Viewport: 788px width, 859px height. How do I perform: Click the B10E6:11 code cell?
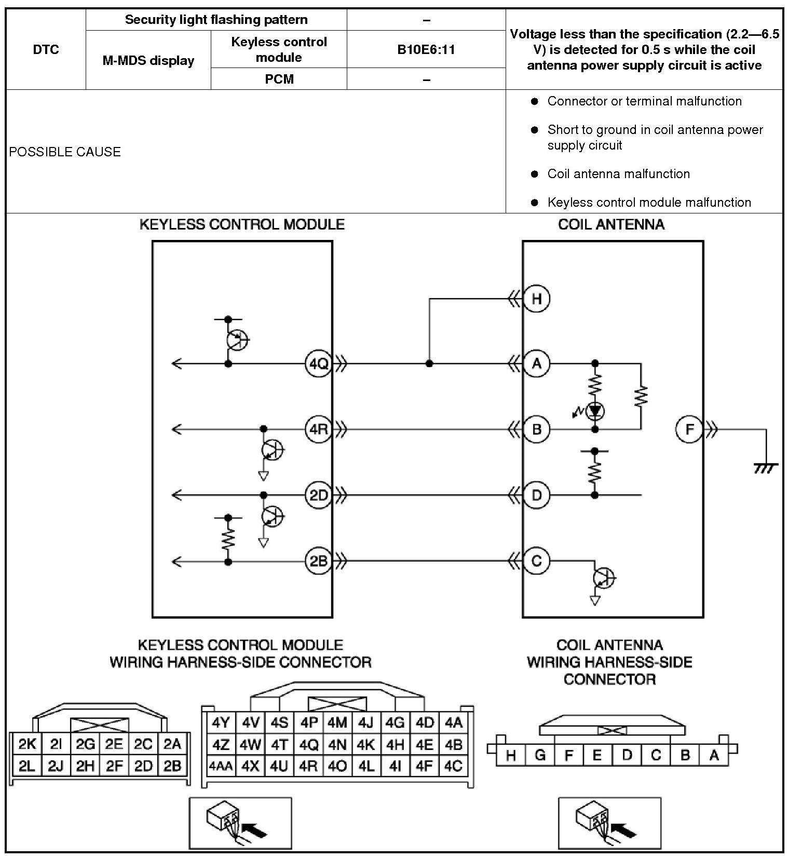tap(426, 49)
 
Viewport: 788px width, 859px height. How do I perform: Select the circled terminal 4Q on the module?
tap(318, 364)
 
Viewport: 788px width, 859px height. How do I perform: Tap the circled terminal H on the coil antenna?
tap(536, 299)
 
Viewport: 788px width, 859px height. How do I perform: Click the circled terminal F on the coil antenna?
tap(689, 429)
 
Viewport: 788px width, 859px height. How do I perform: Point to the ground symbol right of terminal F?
tap(766, 467)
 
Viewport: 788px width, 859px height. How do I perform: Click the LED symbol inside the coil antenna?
tap(595, 411)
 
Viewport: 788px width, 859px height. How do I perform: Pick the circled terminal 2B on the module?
tap(318, 561)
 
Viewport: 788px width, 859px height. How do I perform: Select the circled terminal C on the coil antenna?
tap(536, 561)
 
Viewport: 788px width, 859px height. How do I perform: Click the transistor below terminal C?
tap(603, 577)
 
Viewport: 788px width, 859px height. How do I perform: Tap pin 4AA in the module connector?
tap(221, 766)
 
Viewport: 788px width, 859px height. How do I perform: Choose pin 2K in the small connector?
tap(27, 744)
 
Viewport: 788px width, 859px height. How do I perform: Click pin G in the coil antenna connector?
tap(540, 755)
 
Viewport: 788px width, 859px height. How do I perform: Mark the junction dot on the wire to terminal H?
tap(429, 364)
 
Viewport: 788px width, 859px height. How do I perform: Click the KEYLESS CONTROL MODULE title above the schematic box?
tap(242, 224)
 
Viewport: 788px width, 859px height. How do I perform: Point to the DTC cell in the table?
tap(46, 49)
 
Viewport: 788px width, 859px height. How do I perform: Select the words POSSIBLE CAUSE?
tap(65, 152)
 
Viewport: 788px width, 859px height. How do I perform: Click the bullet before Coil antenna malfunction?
tap(535, 174)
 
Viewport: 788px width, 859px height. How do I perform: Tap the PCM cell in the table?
tap(279, 79)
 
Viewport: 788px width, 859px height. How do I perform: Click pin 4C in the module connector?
tap(453, 766)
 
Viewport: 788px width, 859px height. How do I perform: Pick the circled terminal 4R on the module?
tap(318, 429)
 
